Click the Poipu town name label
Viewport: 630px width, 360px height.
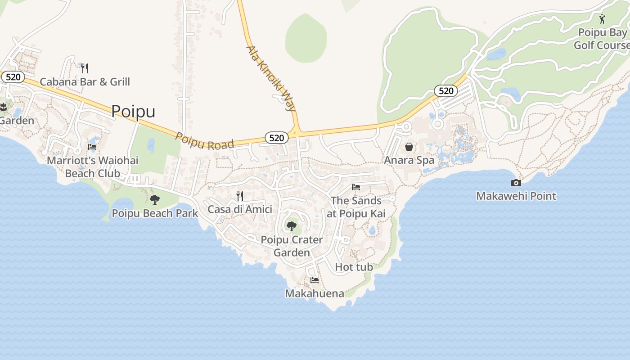[133, 111]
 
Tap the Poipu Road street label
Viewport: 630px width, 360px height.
[205, 141]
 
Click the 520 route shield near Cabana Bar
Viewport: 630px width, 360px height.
[13, 77]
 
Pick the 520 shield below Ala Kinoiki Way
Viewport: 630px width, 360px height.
[276, 138]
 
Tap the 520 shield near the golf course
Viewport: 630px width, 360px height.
[445, 91]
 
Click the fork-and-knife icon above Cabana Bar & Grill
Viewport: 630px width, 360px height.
[84, 68]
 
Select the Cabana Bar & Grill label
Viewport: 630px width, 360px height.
[85, 82]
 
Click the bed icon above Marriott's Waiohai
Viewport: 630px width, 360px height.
[92, 147]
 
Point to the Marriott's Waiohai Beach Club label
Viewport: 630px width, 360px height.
[93, 167]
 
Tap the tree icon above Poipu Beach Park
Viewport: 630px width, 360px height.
[154, 200]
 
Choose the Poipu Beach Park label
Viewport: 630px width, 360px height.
[155, 213]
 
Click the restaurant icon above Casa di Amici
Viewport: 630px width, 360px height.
[240, 196]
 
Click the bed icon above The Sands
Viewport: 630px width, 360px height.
[356, 187]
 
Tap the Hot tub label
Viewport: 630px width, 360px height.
[354, 267]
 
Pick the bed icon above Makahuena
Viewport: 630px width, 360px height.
[315, 280]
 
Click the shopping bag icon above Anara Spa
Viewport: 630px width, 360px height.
[409, 147]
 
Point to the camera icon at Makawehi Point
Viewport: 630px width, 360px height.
[516, 183]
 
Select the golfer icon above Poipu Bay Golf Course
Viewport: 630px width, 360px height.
[602, 19]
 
